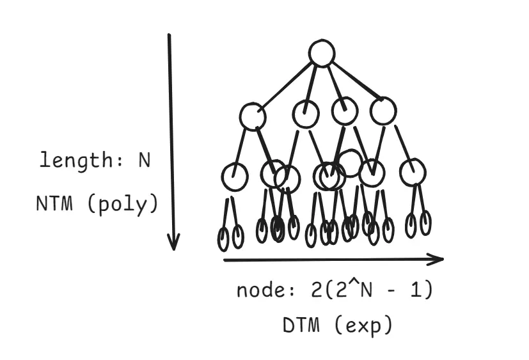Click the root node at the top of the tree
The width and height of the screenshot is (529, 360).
tap(321, 53)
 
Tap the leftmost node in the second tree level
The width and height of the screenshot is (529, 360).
tap(253, 116)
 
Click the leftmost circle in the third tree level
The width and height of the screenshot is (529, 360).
tap(235, 176)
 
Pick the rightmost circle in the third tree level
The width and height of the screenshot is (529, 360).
tap(413, 171)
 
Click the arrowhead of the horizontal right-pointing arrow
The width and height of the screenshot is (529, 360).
tap(436, 259)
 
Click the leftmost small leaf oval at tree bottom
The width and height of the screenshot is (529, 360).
tap(223, 239)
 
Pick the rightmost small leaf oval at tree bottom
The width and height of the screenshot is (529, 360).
tap(425, 223)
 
